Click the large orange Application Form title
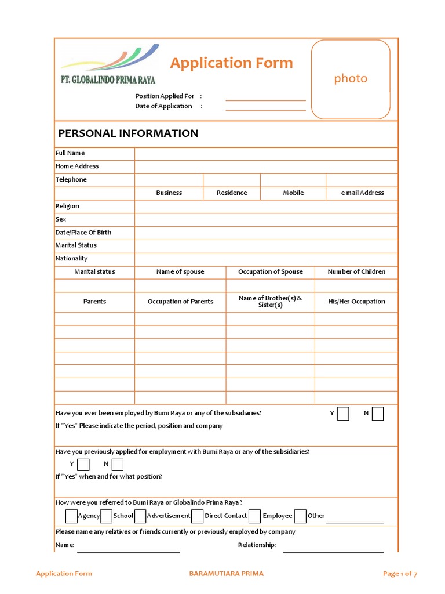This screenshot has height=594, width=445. [231, 63]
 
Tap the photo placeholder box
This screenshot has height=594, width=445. [351, 79]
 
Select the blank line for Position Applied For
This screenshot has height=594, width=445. [265, 97]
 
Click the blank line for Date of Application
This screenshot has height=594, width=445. [265, 107]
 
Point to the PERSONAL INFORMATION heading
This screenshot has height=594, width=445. [128, 133]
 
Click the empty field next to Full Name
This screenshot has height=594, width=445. [266, 153]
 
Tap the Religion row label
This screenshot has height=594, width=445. [67, 206]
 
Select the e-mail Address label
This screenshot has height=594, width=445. [362, 193]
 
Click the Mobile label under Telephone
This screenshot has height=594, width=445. [293, 193]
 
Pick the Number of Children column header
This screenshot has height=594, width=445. [356, 271]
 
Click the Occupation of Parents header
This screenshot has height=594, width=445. [180, 302]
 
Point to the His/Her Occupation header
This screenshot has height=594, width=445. [356, 302]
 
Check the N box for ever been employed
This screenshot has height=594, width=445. [378, 414]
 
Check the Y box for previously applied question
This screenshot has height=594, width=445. [83, 464]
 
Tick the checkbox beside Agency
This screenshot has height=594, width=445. [71, 516]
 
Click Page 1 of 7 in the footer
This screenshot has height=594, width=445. [400, 574]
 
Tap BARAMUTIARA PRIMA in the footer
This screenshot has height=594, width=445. [226, 574]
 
